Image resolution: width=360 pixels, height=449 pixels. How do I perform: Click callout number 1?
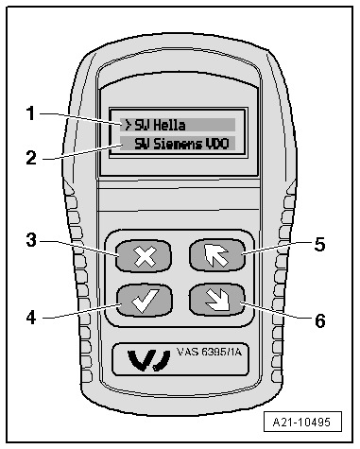tap(31, 113)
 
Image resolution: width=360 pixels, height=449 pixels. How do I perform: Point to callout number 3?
tap(31, 240)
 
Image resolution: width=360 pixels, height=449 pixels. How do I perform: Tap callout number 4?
tap(31, 317)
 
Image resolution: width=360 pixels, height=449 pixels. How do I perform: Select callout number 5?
tap(319, 243)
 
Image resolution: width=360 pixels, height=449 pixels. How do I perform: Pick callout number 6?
tap(319, 319)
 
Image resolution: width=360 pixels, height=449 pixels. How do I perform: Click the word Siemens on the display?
tap(172, 145)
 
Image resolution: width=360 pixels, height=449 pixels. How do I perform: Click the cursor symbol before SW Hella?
tap(126, 124)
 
